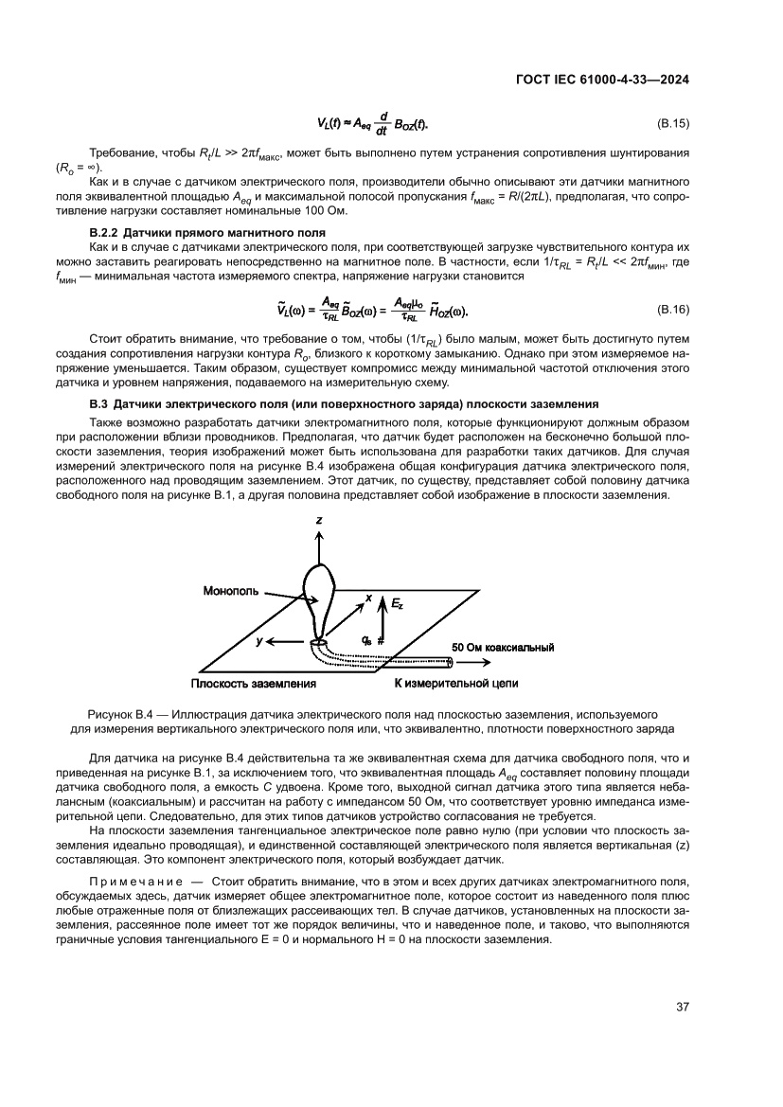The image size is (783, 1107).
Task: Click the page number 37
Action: tap(681, 1007)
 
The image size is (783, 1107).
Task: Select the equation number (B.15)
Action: tap(672, 124)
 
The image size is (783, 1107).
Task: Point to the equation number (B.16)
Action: tap(672, 310)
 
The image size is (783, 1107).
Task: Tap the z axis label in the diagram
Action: tap(319, 521)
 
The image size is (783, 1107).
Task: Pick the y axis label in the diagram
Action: tap(257, 641)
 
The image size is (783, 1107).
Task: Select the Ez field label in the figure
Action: tap(398, 602)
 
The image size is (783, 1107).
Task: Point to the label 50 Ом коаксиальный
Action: tap(502, 647)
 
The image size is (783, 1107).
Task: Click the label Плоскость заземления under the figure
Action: tap(254, 682)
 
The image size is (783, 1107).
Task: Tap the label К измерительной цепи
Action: tap(455, 682)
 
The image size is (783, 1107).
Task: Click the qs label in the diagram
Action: tap(367, 640)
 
